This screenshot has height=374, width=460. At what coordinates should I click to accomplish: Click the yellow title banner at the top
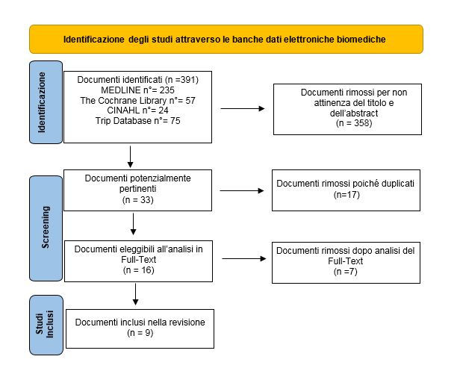point(226,39)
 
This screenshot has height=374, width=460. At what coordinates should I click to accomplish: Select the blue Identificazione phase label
point(46,102)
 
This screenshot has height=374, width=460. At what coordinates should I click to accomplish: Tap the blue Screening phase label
point(46,228)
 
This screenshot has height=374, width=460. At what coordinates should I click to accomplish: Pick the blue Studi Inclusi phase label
point(46,325)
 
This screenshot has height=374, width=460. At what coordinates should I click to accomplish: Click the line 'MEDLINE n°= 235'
point(137,90)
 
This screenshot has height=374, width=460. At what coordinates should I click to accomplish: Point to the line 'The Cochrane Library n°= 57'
point(137,100)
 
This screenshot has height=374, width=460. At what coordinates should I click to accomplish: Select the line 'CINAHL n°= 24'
point(137,110)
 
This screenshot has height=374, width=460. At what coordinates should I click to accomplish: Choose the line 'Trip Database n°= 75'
point(137,120)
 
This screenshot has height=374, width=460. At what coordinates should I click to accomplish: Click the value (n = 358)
point(354,123)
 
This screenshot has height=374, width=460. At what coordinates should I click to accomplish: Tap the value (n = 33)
point(138,200)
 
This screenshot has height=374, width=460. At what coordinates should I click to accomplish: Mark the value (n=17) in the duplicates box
point(346,195)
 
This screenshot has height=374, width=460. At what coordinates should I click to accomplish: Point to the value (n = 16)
point(138,270)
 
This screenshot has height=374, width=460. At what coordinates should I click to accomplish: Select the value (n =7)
point(345,272)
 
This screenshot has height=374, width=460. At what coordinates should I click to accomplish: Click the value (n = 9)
point(140,333)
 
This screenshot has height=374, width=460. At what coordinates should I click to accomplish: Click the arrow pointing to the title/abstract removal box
point(243,108)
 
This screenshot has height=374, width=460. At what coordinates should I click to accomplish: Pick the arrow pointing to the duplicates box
point(242,190)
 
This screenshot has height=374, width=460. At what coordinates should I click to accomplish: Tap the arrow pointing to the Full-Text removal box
point(244,259)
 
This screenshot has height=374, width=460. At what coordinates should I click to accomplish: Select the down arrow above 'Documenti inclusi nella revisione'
point(136,294)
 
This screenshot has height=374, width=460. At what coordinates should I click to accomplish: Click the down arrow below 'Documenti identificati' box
point(130,157)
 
